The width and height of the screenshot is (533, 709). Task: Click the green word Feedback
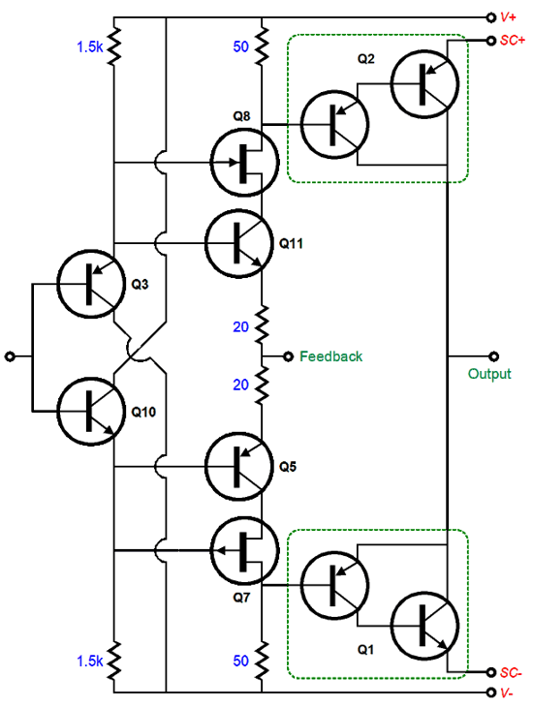tap(330, 356)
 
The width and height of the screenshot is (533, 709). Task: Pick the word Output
tap(489, 374)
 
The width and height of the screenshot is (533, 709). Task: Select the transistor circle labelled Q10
tap(89, 410)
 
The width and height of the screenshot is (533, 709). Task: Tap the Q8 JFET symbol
tap(243, 162)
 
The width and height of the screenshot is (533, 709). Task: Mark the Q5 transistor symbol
tap(238, 467)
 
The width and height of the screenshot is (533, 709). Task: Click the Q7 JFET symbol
tap(243, 551)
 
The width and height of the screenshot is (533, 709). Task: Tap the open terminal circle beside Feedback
tap(288, 356)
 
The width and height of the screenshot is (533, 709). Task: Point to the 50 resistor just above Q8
tap(263, 46)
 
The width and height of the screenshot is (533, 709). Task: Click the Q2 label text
tap(366, 59)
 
